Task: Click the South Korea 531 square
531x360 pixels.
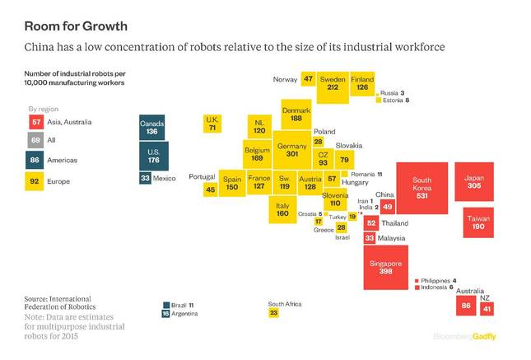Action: click(x=422, y=187)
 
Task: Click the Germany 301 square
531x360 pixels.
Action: click(x=291, y=149)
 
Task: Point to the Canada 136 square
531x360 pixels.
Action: click(x=153, y=127)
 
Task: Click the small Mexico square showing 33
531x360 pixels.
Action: click(x=145, y=177)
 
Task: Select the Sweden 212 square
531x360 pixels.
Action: click(x=332, y=83)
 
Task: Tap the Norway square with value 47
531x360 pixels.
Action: click(x=308, y=80)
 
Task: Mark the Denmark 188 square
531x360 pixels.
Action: click(x=296, y=115)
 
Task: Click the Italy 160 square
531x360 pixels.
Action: click(x=283, y=209)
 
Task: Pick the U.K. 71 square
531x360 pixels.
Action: click(x=212, y=124)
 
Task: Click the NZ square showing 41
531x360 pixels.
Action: click(x=487, y=308)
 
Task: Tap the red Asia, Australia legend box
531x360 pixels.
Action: click(x=35, y=122)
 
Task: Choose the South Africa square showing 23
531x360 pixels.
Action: click(x=273, y=313)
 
